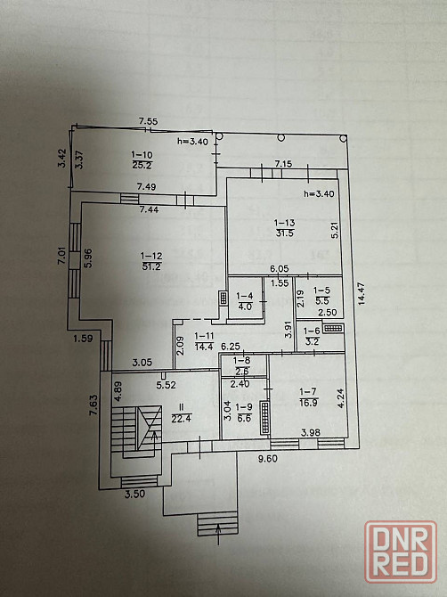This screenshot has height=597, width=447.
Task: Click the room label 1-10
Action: pos(142,154)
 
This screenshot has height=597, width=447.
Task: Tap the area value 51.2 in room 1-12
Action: pos(151,266)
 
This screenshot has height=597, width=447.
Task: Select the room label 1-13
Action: pos(285,223)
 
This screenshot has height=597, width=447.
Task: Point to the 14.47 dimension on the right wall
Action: pos(361,293)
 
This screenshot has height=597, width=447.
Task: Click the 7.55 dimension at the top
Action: pos(148,121)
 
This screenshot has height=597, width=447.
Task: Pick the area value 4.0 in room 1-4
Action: pos(244,306)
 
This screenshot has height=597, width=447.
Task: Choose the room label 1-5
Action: pos(321,290)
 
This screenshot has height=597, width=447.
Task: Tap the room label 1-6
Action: pos(312,331)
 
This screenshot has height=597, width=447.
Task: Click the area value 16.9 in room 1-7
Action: pos(308,402)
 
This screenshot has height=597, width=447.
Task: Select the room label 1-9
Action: pos(244,407)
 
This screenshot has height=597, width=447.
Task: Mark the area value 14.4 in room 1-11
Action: pos(204,346)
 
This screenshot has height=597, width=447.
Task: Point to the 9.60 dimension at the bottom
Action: pos(268,458)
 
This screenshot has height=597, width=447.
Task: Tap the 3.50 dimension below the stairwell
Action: pos(135,494)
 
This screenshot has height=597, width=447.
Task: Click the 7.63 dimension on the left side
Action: pos(93,405)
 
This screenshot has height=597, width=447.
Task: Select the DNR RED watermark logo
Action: pos(400,552)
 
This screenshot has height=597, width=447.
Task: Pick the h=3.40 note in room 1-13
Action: pos(319,193)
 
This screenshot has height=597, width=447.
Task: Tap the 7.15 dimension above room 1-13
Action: pos(283,164)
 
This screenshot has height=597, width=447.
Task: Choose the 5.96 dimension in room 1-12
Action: pos(88,258)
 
